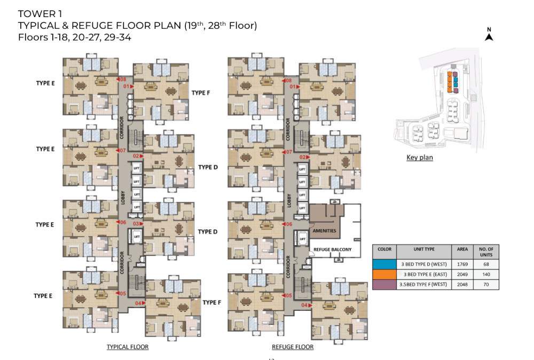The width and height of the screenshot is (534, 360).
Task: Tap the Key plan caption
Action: pos(419,158)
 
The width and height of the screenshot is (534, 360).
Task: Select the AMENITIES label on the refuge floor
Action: pos(324,231)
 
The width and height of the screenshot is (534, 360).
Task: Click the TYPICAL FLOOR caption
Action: pos(127,347)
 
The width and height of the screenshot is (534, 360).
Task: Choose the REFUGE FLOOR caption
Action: pos(292,347)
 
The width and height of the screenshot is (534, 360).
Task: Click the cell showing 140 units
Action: pos(486,274)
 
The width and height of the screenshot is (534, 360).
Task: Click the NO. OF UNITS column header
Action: pos(486,251)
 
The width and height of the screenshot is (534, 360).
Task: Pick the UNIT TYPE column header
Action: pos(425,249)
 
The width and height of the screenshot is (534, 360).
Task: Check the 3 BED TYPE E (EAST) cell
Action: pos(425,274)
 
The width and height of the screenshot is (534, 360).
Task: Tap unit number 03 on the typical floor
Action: pos(136,223)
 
